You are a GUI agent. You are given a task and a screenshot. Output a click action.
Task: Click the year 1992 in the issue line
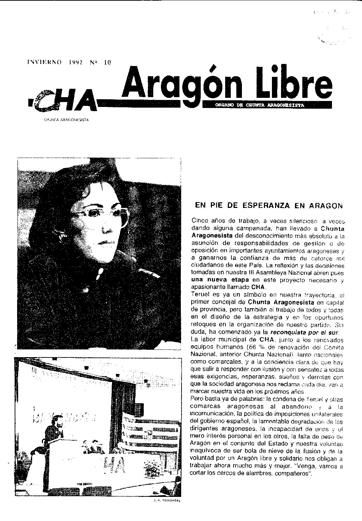pos(75,63)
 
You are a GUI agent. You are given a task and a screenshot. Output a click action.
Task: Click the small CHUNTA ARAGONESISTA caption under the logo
pos(66,120)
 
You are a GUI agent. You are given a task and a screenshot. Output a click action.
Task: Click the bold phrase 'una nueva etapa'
pos(215,280)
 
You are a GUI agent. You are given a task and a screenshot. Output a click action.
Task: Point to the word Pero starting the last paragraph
pos(199,399)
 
